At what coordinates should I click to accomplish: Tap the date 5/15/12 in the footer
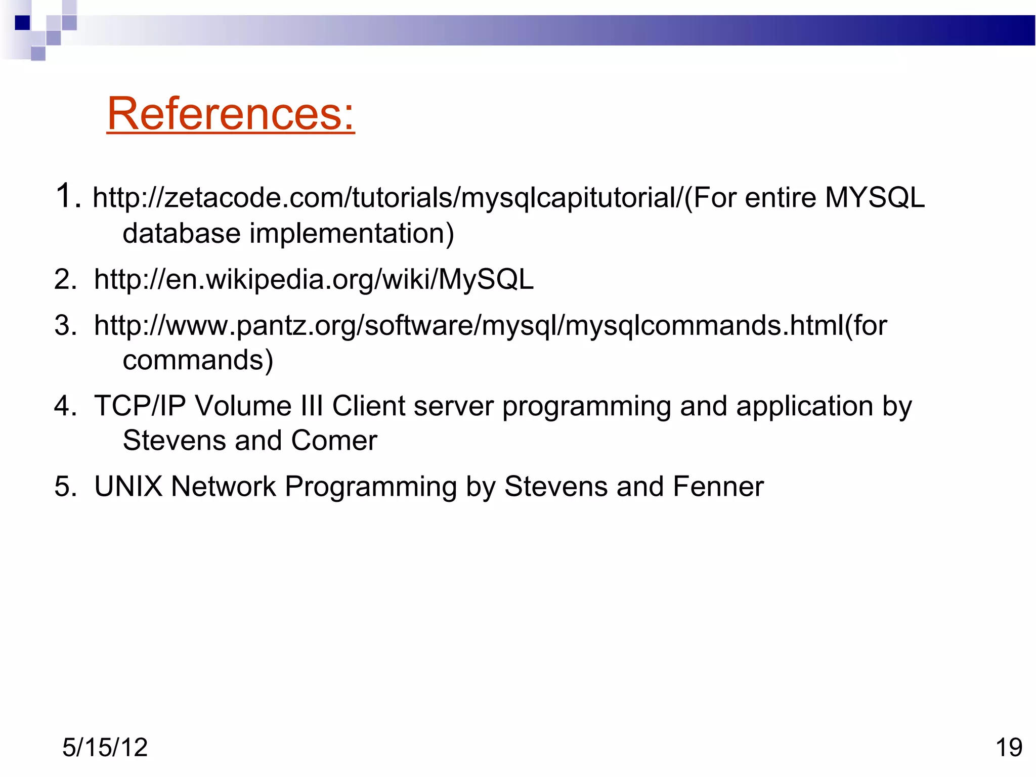(x=105, y=747)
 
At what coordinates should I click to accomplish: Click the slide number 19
(x=1009, y=747)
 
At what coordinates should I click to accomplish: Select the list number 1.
(x=67, y=196)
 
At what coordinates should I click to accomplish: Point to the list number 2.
(x=65, y=279)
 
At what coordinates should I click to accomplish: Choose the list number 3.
(x=65, y=325)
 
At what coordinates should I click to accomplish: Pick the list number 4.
(x=65, y=406)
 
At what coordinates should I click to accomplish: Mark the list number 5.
(x=65, y=486)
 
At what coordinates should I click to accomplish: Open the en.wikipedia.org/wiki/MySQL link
(x=314, y=279)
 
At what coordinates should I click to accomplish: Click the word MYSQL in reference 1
(x=875, y=197)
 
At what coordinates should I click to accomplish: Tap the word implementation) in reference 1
(x=352, y=233)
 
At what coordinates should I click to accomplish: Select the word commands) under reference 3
(x=198, y=360)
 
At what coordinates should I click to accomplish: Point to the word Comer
(x=334, y=440)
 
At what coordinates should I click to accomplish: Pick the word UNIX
(x=128, y=486)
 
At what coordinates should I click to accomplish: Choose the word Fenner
(x=718, y=486)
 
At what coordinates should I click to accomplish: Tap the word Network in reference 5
(x=224, y=486)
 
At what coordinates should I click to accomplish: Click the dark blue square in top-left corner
(x=22, y=23)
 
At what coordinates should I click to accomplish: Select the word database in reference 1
(x=182, y=233)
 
